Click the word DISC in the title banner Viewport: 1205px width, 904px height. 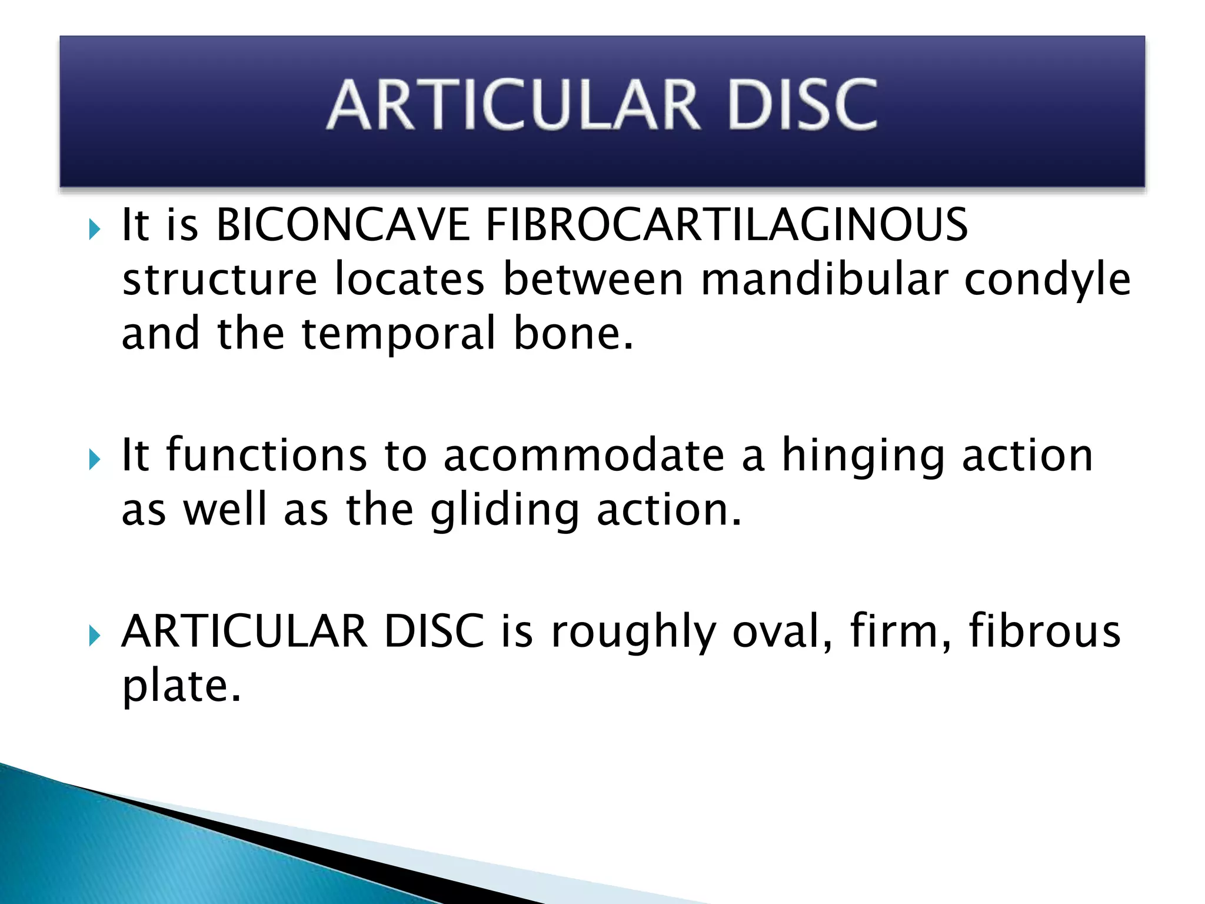pyautogui.click(x=803, y=105)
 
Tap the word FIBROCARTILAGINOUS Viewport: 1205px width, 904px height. pyautogui.click(x=727, y=225)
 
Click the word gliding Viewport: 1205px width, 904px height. pyautogui.click(x=505, y=511)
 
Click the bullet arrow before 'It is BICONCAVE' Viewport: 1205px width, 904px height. pyautogui.click(x=94, y=228)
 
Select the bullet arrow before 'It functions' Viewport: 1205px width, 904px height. pyautogui.click(x=94, y=459)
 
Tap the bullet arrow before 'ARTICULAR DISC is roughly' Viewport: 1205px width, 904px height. pyautogui.click(x=94, y=636)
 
